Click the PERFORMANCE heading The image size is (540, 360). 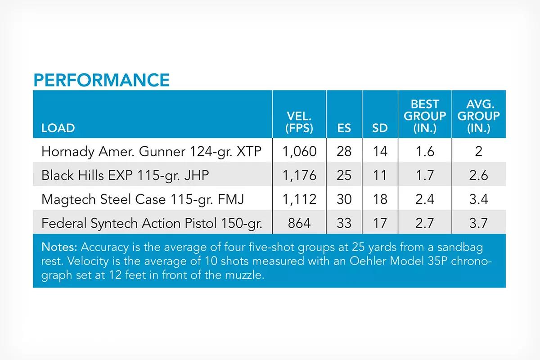[102, 80]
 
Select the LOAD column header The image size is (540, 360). [58, 128]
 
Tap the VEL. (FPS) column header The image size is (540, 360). [299, 122]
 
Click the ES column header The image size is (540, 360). [344, 128]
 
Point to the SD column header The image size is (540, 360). [380, 128]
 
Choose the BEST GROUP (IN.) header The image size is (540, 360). [425, 116]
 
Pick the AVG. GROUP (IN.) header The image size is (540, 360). [478, 116]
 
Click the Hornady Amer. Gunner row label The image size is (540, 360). [151, 152]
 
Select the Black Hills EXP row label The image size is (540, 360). [125, 175]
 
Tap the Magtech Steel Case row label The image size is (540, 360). [143, 200]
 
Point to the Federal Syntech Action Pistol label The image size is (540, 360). [152, 223]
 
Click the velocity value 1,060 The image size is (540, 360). [299, 152]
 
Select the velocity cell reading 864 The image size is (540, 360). [299, 223]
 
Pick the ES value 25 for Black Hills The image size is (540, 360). [344, 175]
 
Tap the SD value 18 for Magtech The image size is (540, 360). [380, 199]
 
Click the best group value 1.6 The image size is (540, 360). [425, 152]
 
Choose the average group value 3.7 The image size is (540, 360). [478, 223]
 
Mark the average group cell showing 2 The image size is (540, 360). [478, 152]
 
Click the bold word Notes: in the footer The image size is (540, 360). [59, 247]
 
